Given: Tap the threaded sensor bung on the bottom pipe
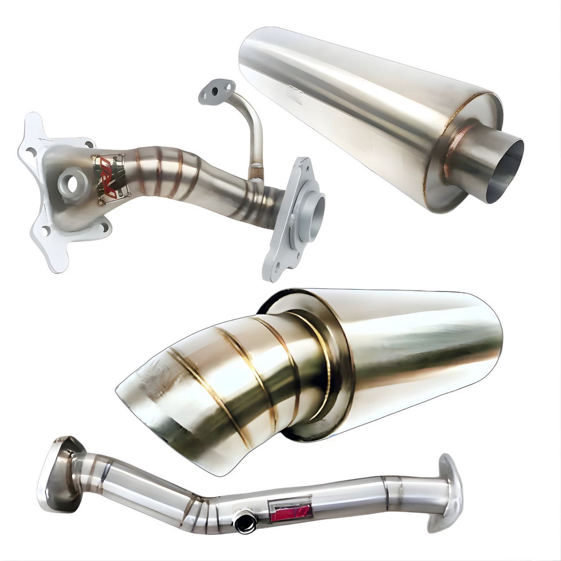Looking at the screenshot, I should (x=245, y=520).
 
